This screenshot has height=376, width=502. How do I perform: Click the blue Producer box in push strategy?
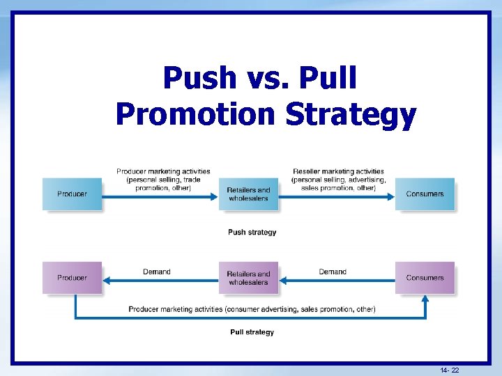(72, 194)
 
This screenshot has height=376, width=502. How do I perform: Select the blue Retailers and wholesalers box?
(248, 194)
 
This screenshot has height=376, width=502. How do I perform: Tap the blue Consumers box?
(425, 194)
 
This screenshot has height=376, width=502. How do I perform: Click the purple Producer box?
(72, 278)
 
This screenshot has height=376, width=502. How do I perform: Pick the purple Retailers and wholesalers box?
(248, 278)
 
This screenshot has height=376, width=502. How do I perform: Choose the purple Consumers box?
(425, 278)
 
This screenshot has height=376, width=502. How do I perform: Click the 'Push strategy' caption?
(252, 232)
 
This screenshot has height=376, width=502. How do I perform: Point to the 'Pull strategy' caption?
(252, 332)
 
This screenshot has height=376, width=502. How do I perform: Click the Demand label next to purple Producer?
(156, 272)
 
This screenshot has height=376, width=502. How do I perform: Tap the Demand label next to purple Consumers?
(333, 272)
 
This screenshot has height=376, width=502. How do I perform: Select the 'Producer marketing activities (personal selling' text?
(163, 179)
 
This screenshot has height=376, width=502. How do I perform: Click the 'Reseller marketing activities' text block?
(338, 179)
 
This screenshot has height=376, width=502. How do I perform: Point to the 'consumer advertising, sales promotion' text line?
(252, 309)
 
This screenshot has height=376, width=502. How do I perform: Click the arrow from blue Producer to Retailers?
(160, 197)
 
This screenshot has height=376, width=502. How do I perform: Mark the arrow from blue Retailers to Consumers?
(337, 197)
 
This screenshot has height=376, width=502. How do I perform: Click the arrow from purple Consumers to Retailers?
(337, 281)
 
